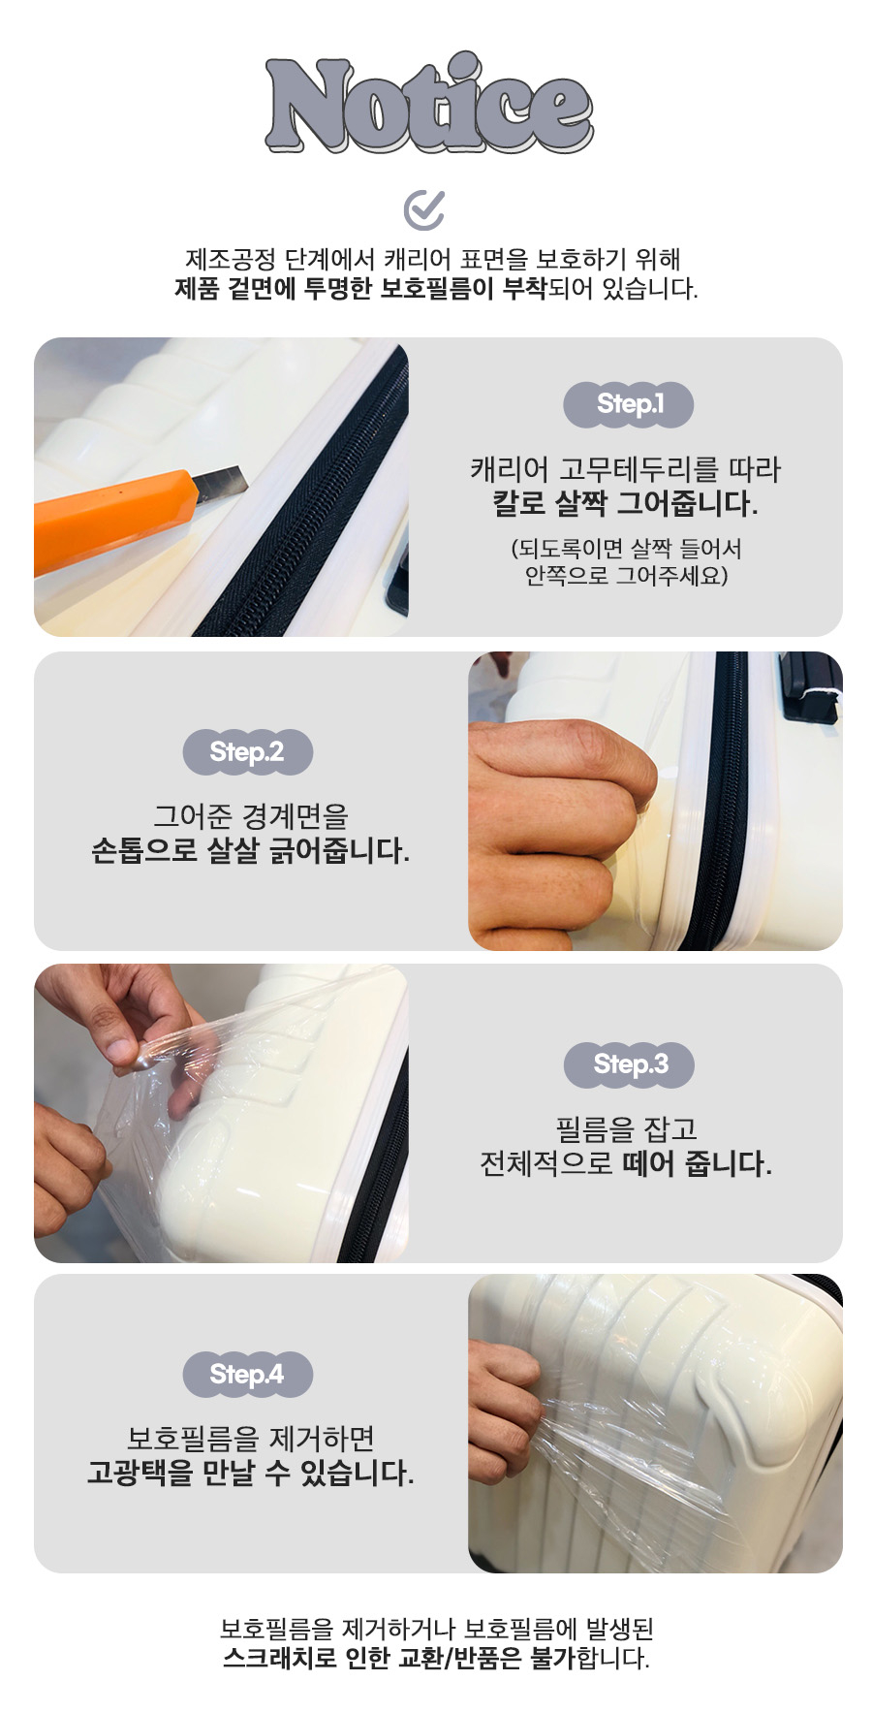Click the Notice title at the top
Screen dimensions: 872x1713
pyautogui.click(x=429, y=104)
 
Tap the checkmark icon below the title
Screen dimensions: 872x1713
pyautogui.click(x=424, y=208)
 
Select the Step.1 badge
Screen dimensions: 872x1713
pyautogui.click(x=628, y=404)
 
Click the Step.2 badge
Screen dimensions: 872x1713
pyautogui.click(x=247, y=752)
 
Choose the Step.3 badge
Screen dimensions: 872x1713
pyautogui.click(x=630, y=1064)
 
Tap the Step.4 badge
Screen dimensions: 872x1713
pyautogui.click(x=247, y=1375)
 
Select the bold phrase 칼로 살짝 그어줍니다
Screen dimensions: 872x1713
pyautogui.click(x=626, y=504)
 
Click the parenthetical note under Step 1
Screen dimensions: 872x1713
pyautogui.click(x=626, y=562)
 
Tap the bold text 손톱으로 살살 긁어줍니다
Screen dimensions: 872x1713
pyautogui.click(x=250, y=851)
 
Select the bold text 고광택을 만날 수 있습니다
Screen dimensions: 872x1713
pyautogui.click(x=250, y=1474)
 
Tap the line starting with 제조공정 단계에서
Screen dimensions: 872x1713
pyautogui.click(x=433, y=259)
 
